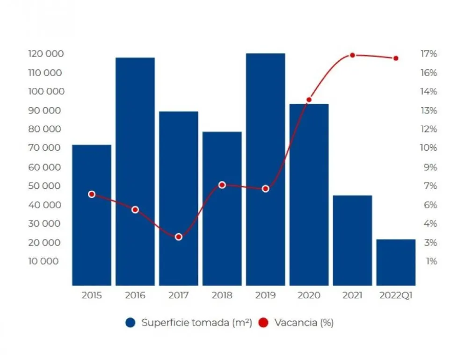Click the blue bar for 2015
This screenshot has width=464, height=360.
point(92,215)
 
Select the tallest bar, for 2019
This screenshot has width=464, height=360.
point(266,168)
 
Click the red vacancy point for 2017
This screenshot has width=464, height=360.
point(178,237)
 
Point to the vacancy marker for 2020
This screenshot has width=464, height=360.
point(309,100)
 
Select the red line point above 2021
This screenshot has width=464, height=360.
point(352,55)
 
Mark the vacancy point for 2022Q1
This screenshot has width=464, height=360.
point(396,58)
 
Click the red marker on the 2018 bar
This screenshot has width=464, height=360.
point(222,185)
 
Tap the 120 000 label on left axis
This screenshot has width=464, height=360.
point(46,54)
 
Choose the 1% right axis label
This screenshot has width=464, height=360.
point(431,261)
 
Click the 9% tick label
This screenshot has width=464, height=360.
point(430,167)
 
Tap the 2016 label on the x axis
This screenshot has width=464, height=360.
point(135,295)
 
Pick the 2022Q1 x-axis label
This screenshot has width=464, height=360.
point(396,295)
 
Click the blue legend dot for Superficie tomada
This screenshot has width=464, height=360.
point(130,323)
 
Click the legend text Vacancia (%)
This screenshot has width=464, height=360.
point(304,323)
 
